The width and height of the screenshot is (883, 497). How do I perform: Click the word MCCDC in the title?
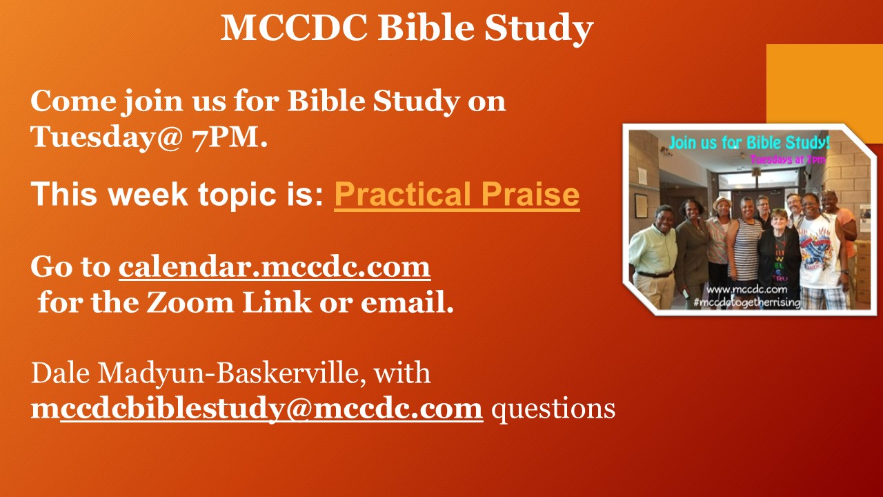point(294,28)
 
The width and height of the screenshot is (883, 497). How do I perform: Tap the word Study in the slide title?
point(539,29)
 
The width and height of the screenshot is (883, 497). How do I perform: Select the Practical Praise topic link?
point(457,195)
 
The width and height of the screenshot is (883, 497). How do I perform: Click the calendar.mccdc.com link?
point(275,267)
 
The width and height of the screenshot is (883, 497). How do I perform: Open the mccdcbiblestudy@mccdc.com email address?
point(257,409)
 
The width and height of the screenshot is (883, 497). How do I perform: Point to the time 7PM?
point(230,137)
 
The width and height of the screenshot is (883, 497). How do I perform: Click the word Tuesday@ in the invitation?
point(106,137)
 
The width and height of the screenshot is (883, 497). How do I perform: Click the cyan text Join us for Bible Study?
point(749,143)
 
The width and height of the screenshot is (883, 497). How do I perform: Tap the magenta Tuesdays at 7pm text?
point(788,159)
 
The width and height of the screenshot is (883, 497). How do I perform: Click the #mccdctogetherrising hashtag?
point(747,302)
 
